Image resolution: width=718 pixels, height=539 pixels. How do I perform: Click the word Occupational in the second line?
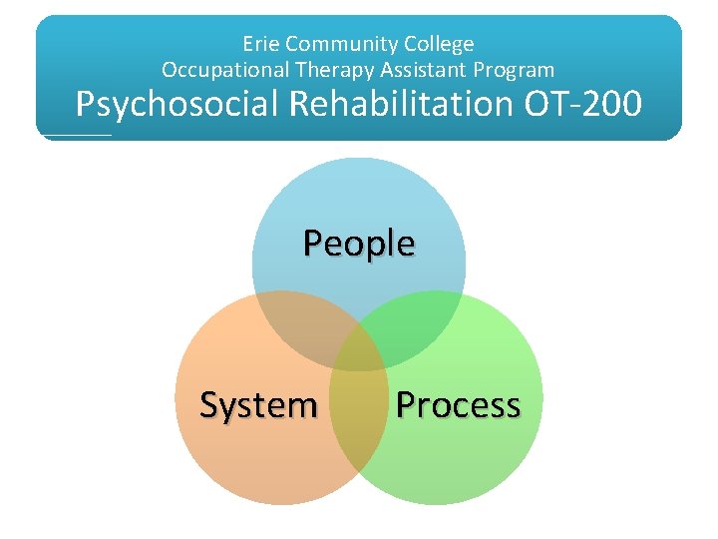pos(221,70)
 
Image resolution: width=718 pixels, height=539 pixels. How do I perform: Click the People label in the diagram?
pos(359,243)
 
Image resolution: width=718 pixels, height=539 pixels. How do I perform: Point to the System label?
pos(258,405)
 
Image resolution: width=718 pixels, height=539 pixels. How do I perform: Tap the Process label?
pos(458,405)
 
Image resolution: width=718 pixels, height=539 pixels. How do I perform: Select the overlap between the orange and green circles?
pos(359,429)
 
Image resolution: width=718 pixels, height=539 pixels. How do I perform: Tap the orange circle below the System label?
pos(258,459)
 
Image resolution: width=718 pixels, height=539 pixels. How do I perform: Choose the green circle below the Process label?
pos(458,459)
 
